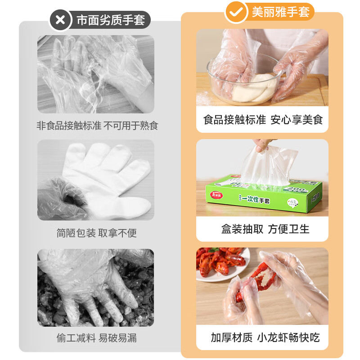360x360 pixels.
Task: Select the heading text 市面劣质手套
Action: coord(110,20)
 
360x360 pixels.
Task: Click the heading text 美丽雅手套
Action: coord(280,13)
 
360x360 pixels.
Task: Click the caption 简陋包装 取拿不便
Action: coord(96,233)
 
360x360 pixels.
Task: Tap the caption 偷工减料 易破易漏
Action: coord(96,337)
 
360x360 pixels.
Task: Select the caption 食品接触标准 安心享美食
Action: coord(263,120)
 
